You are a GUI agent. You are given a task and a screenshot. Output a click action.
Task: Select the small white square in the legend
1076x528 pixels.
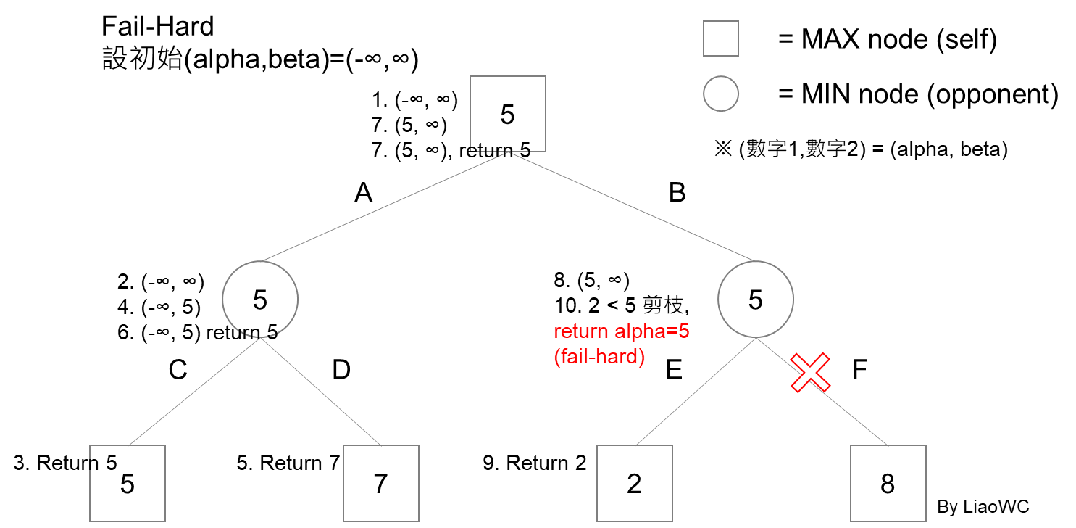(x=720, y=38)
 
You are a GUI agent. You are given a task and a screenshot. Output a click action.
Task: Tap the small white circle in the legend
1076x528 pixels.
(x=720, y=94)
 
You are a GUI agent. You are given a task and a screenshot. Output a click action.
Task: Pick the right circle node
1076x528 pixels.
(x=755, y=299)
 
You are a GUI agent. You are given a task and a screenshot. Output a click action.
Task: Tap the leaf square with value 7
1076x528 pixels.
(x=380, y=483)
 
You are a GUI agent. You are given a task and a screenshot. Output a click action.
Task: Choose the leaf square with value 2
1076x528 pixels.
(x=634, y=483)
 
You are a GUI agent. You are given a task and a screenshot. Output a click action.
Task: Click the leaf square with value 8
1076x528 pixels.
(x=888, y=483)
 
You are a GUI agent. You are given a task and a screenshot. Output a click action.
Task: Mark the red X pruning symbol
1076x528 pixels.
(x=810, y=373)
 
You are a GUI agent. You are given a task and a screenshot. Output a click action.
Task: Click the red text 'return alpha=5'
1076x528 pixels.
(x=621, y=331)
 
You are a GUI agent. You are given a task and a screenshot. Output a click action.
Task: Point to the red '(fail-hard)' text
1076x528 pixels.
(x=599, y=358)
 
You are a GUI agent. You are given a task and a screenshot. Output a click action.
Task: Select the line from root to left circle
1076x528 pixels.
(x=384, y=207)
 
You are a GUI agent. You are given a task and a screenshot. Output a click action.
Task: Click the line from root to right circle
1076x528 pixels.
(x=630, y=207)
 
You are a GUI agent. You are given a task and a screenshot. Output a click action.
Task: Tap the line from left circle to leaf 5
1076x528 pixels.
(x=193, y=392)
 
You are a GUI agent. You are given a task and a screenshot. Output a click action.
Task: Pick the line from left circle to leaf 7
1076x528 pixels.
(x=320, y=392)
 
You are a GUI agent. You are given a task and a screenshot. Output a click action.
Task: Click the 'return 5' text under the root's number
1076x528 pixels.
(x=499, y=149)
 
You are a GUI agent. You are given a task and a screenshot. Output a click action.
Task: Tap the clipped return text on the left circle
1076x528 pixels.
(x=257, y=331)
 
